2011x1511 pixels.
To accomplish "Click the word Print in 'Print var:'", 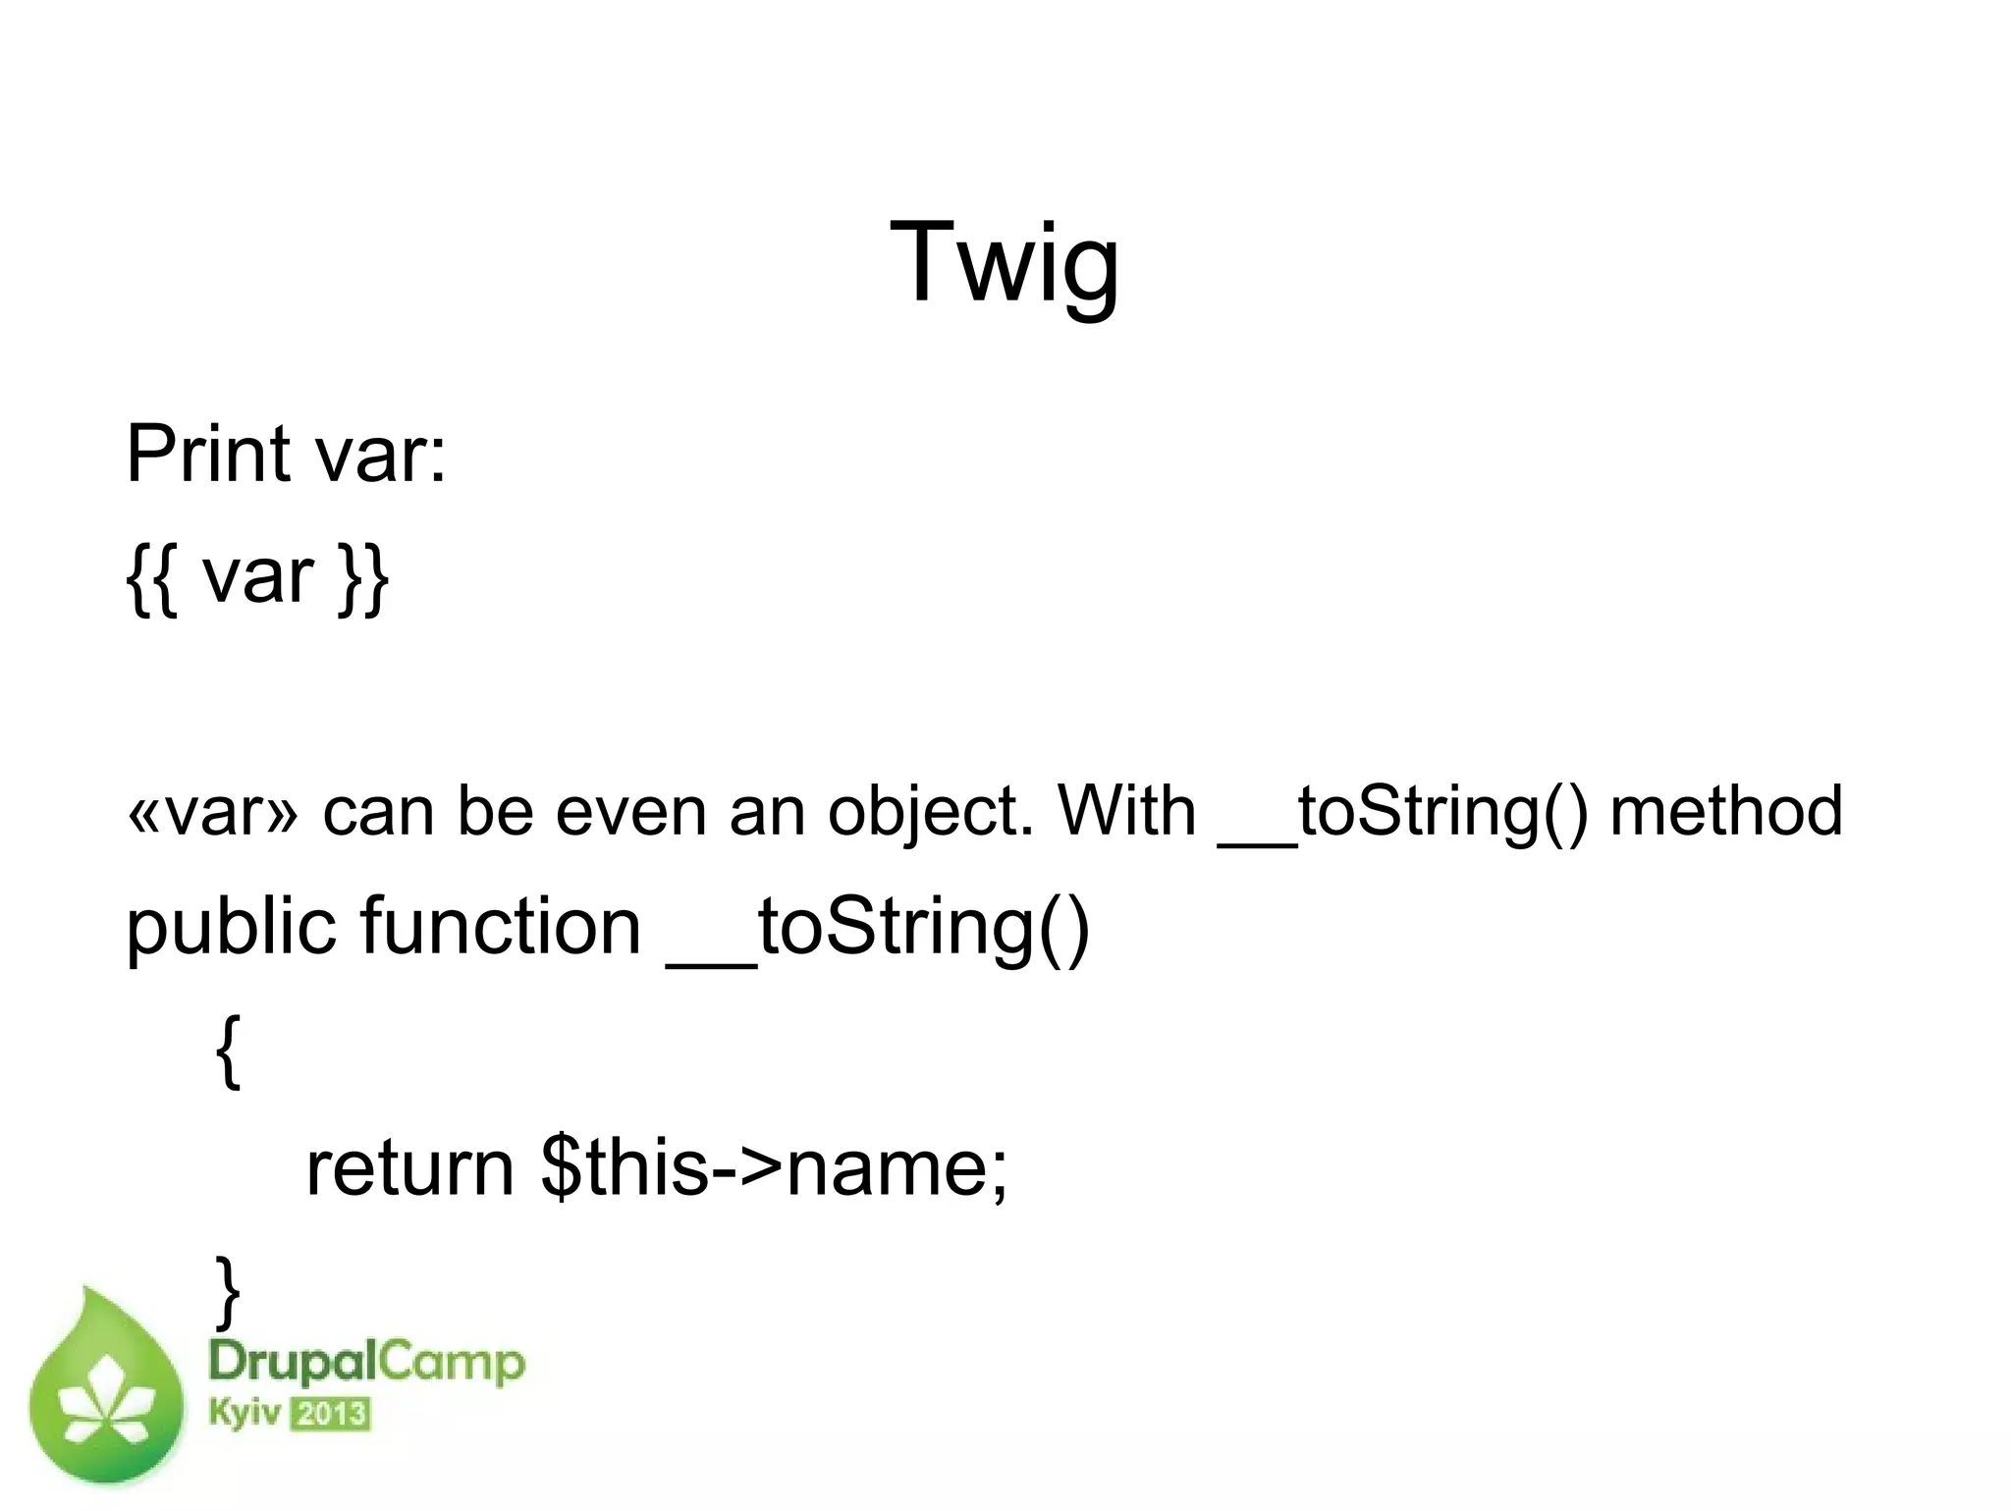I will point(209,454).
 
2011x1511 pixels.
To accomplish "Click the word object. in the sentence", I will point(930,813).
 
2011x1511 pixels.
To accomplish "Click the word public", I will point(235,928).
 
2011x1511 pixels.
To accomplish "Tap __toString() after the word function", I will point(879,928).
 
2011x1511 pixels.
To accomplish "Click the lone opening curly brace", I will point(227,1051).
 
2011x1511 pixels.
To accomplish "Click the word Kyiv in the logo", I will point(245,1414).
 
